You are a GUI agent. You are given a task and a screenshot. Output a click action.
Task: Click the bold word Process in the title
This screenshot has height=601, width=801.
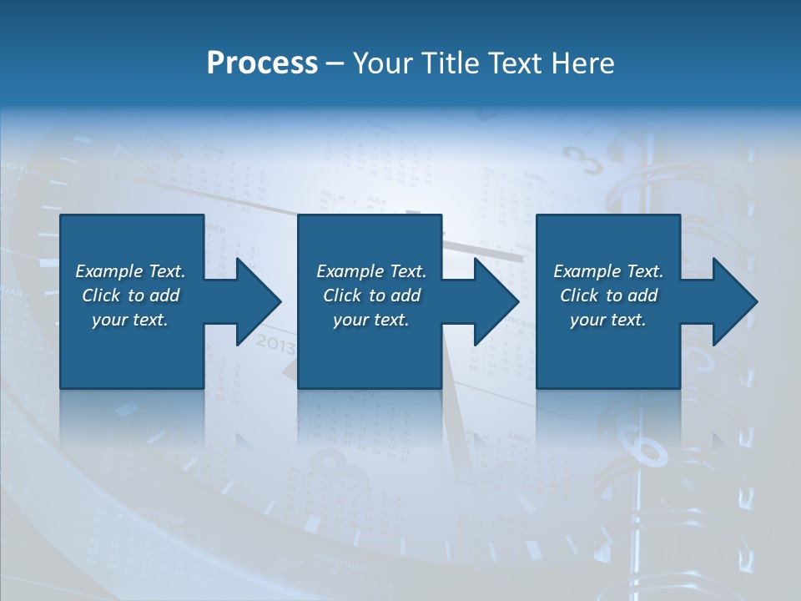click(x=262, y=63)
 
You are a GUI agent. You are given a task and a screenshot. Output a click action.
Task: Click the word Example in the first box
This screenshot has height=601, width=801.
click(x=109, y=271)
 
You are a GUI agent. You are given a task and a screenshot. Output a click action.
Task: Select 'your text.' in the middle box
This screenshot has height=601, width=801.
click(x=370, y=320)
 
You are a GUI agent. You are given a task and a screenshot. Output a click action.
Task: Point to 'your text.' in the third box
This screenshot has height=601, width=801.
click(x=607, y=320)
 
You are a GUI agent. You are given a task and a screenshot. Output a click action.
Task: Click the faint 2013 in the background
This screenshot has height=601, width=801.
click(x=275, y=343)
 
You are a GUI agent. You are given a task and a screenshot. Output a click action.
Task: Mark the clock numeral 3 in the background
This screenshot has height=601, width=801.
click(x=582, y=159)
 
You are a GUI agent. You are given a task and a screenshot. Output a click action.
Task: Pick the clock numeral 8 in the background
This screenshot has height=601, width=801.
click(x=332, y=463)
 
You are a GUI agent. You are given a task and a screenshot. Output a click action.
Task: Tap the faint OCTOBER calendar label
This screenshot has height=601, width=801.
click(x=159, y=515)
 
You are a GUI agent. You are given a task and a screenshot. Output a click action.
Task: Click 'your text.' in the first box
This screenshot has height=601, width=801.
click(x=129, y=320)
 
